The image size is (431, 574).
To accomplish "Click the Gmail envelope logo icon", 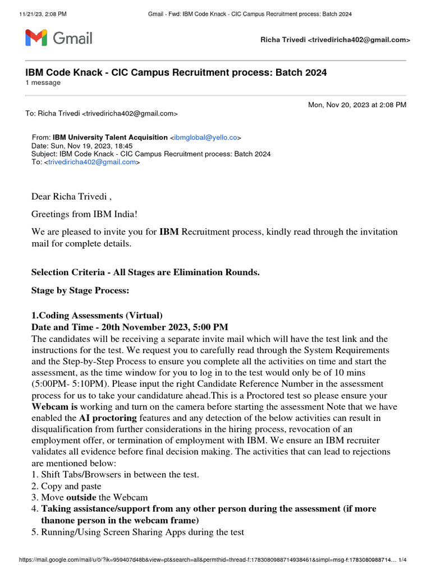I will (x=36, y=39).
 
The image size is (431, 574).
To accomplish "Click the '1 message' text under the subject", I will (x=43, y=82).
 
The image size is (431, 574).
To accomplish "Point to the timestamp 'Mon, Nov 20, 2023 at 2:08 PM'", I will (x=357, y=105).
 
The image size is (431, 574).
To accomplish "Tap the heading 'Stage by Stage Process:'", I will (x=80, y=290).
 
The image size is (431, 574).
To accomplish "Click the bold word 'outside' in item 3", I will (x=81, y=497).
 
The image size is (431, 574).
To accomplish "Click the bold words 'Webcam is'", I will (x=54, y=406).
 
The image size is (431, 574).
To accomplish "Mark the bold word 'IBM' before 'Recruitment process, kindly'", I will (x=169, y=232).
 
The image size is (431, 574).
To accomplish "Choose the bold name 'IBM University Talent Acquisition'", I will (x=110, y=137).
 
